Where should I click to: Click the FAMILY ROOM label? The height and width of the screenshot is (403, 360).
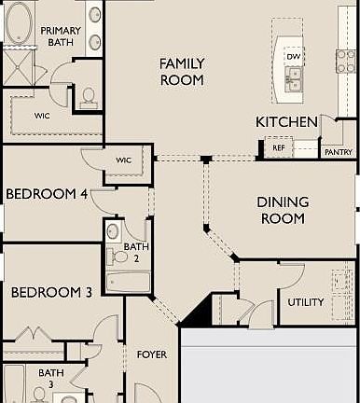181,71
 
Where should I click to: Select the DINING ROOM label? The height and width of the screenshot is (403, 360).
281,210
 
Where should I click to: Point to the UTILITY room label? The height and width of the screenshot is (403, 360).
305,302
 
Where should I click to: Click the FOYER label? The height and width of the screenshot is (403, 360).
152,354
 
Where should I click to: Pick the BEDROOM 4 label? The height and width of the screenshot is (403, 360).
47,194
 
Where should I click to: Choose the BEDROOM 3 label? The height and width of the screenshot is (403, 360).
51,292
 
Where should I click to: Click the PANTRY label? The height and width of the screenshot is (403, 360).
337,151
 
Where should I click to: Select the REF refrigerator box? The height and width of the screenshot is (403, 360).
278,147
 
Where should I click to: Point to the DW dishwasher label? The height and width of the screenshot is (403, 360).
294,57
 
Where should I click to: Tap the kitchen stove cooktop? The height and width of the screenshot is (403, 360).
345,61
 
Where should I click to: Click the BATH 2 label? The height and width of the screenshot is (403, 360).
131,252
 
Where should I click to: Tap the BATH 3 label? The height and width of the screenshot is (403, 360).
51,378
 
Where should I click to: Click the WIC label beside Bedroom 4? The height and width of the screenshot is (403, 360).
124,160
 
